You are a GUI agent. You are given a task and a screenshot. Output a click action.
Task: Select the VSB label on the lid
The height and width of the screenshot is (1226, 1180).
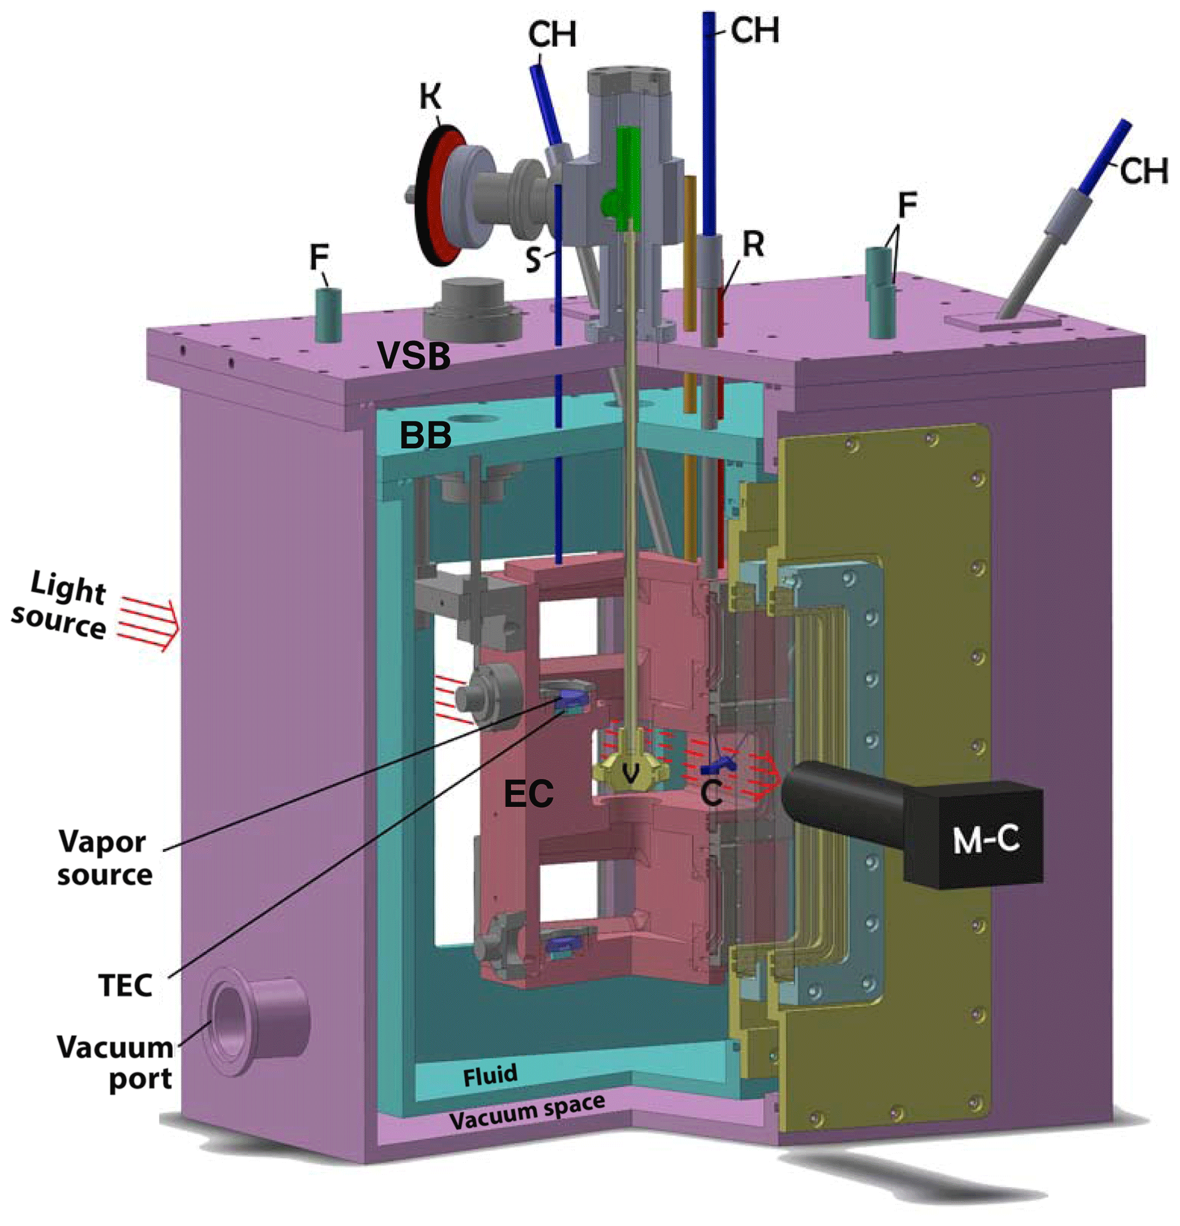[x=413, y=356]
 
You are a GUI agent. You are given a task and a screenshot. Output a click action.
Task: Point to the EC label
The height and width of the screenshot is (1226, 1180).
[x=529, y=794]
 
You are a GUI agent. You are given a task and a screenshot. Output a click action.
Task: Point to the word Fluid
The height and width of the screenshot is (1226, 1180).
[x=490, y=1075]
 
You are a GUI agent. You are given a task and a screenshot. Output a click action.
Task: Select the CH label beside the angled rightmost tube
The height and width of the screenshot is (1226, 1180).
[x=1143, y=171]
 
